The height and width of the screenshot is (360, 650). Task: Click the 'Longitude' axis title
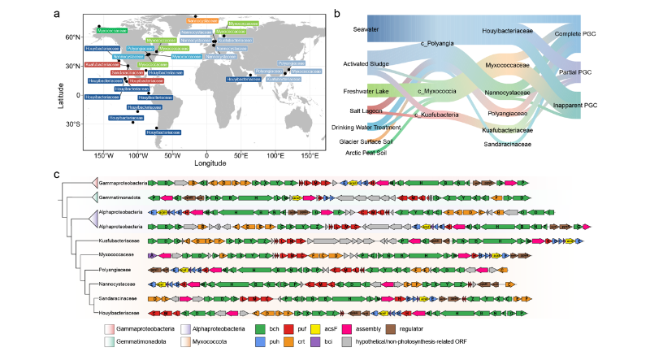click(x=206, y=162)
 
